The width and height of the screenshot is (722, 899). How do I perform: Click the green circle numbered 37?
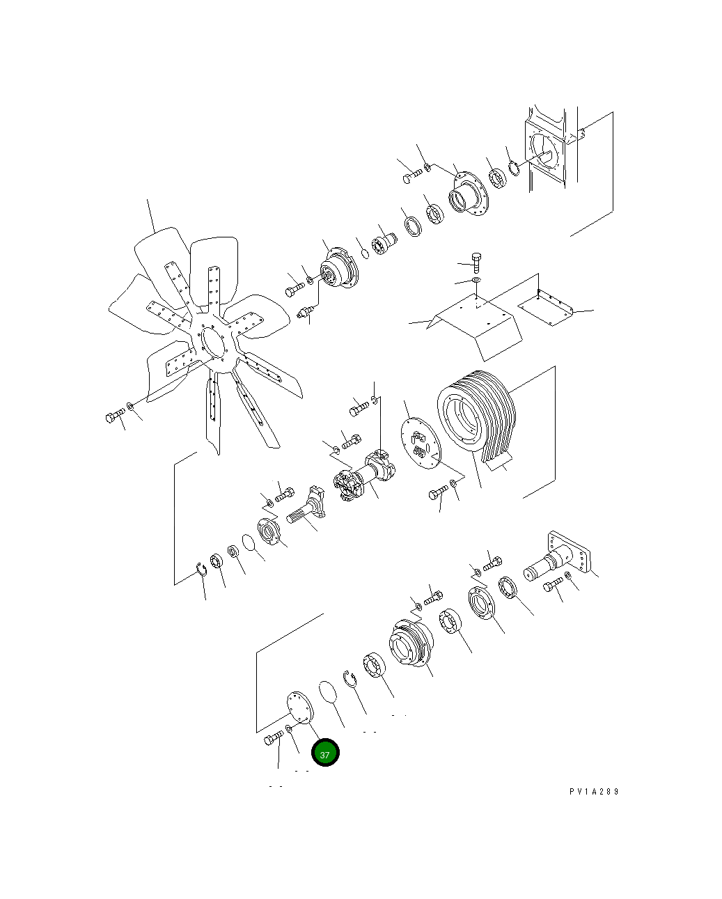click(x=325, y=752)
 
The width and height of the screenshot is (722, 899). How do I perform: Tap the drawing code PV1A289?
click(x=594, y=792)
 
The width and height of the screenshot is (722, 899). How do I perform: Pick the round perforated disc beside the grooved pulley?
click(x=421, y=443)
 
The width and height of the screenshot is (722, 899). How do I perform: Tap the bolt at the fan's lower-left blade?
click(x=115, y=416)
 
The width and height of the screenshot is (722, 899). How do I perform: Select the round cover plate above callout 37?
click(x=299, y=707)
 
